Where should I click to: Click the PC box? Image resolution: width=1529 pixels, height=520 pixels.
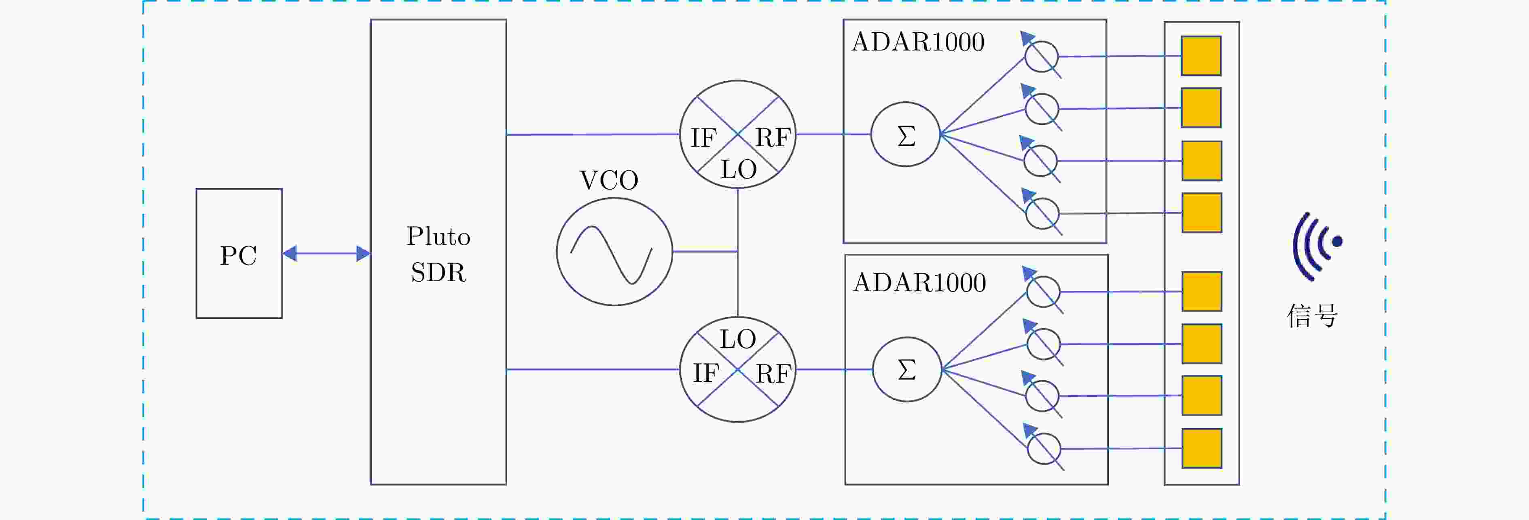coord(239,254)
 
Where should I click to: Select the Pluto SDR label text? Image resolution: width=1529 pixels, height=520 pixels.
coord(438,254)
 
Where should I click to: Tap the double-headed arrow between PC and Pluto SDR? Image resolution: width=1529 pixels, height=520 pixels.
coord(326,254)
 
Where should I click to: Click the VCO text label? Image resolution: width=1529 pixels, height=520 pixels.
coord(608,180)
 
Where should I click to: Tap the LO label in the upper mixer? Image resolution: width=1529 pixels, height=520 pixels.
coord(738,170)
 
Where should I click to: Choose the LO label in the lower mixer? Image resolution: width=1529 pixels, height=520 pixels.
coord(738,339)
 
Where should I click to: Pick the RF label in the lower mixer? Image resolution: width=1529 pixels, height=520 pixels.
coord(773,374)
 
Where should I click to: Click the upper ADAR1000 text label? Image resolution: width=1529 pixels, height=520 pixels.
coord(918,42)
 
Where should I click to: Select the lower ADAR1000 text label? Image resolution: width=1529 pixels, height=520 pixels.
coord(919,283)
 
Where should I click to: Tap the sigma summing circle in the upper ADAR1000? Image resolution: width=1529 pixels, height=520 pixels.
coord(906,135)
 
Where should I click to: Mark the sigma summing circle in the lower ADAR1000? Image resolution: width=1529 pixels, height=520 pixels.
coord(907,369)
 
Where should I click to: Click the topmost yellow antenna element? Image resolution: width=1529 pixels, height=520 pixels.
coord(1201,56)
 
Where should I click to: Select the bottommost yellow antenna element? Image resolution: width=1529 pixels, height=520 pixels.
coord(1201,448)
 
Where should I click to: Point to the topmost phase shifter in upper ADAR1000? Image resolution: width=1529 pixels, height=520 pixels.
coord(1042,57)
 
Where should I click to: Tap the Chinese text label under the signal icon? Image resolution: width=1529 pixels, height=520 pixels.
coord(1312,316)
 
